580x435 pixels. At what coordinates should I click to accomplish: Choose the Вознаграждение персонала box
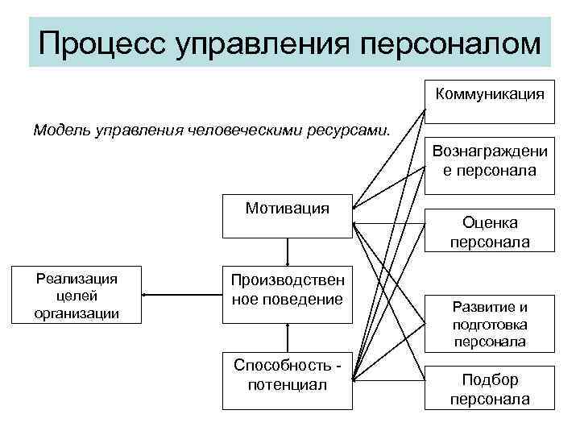click(489, 160)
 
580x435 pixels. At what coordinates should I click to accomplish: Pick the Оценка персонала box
click(489, 231)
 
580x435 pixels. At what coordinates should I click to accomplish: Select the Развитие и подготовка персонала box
click(489, 325)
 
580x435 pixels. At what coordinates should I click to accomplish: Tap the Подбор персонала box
click(489, 389)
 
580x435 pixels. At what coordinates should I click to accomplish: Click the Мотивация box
click(287, 214)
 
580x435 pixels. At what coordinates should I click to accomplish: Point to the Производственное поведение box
click(287, 291)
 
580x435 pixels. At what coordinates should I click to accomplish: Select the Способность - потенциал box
click(287, 375)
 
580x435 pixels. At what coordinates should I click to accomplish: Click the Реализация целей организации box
click(77, 295)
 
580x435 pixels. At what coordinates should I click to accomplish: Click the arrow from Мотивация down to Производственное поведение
click(288, 251)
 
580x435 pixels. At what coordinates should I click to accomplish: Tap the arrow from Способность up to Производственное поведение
click(288, 337)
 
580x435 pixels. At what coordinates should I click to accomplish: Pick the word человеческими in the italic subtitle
click(263, 130)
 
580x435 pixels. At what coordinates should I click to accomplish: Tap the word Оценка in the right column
click(490, 222)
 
